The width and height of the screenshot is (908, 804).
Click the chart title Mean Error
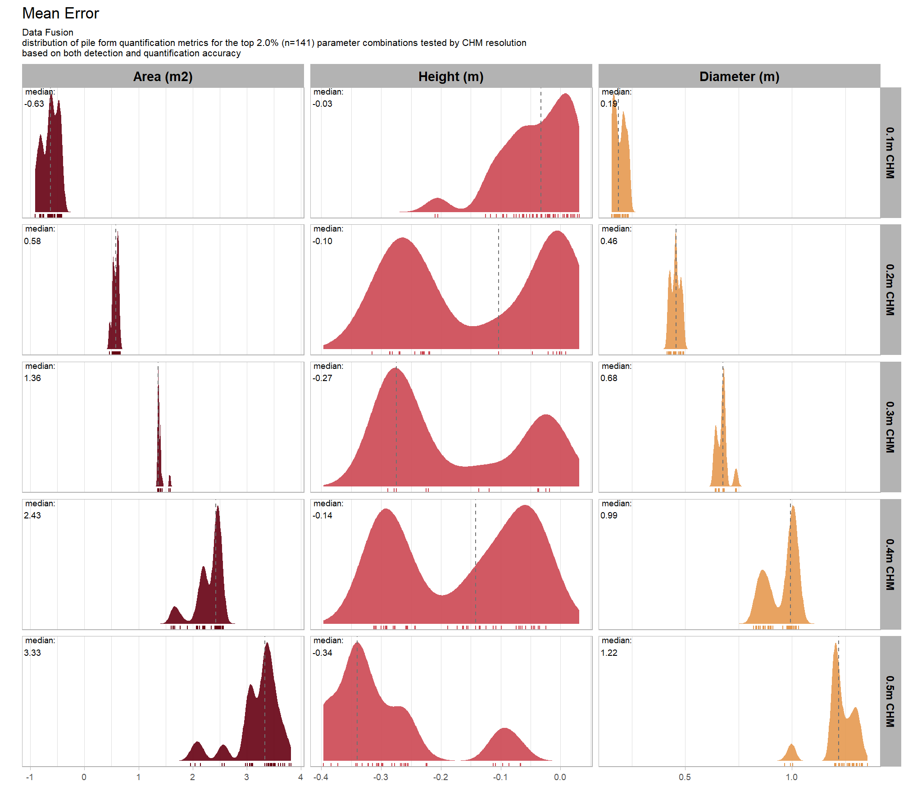point(60,14)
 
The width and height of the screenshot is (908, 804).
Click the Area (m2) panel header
point(163,77)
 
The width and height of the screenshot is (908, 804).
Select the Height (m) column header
point(451,77)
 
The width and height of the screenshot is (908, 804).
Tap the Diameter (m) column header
point(739,77)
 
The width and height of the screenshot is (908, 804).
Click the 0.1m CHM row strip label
point(890,153)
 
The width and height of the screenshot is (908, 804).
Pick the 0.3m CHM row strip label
point(890,427)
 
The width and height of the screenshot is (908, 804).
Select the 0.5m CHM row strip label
point(890,701)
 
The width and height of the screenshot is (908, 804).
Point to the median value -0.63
point(34,104)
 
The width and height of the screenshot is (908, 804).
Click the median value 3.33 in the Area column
point(32,653)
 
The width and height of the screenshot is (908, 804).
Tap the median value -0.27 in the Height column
point(322,378)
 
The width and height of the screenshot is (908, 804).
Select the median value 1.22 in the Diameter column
point(609,653)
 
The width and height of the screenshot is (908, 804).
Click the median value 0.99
point(609,515)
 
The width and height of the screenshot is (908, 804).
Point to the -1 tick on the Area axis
point(30,777)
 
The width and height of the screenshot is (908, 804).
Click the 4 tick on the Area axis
point(300,777)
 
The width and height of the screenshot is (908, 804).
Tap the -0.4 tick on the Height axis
point(321,777)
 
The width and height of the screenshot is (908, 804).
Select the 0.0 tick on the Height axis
point(560,777)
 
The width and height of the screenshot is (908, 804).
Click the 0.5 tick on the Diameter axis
point(685,777)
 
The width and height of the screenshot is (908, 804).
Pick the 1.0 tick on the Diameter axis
point(791,777)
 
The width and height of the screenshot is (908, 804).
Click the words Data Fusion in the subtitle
point(48,32)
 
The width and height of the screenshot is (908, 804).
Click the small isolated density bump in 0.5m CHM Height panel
point(505,745)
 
